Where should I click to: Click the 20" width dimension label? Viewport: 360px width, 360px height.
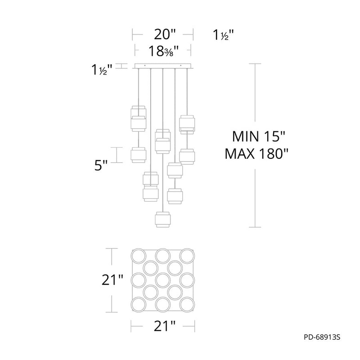(164, 35)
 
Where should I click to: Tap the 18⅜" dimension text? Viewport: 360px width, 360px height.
(164, 51)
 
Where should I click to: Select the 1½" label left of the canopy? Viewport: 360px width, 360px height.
(102, 70)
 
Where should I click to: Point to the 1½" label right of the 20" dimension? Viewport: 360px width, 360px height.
(223, 35)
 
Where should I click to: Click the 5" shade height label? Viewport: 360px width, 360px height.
(101, 165)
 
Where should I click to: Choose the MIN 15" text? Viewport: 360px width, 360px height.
(258, 136)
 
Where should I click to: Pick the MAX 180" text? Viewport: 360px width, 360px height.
(256, 153)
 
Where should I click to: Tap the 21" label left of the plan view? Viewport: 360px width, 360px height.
(112, 280)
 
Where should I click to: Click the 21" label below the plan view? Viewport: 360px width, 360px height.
(164, 326)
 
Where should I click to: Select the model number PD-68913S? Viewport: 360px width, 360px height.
(322, 337)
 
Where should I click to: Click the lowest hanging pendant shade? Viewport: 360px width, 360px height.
(163, 220)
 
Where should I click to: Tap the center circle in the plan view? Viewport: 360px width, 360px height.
(163, 280)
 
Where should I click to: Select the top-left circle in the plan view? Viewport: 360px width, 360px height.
(139, 256)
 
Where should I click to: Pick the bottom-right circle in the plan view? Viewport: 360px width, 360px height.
(187, 305)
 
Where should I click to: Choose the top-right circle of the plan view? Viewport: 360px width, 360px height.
(187, 256)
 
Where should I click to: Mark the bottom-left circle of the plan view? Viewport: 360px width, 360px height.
(139, 305)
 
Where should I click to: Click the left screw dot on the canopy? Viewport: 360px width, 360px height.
(144, 65)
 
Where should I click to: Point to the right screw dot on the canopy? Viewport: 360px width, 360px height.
(181, 65)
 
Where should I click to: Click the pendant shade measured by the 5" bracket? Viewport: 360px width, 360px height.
(138, 155)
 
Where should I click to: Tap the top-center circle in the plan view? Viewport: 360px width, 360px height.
(163, 256)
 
